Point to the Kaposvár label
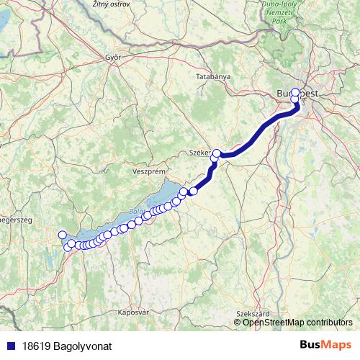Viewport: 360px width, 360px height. [x=132, y=312]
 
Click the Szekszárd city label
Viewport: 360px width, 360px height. [x=252, y=314]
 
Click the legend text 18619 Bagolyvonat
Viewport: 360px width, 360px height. [x=67, y=346]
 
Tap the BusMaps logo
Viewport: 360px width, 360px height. [x=325, y=346]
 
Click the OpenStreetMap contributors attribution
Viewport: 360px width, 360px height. [x=297, y=322]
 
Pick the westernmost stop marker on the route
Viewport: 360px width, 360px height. [x=62, y=235]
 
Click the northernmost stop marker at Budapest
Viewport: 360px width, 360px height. [x=294, y=92]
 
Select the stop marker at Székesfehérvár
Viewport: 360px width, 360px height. [x=217, y=153]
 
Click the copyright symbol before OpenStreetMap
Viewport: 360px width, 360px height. [x=238, y=322]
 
